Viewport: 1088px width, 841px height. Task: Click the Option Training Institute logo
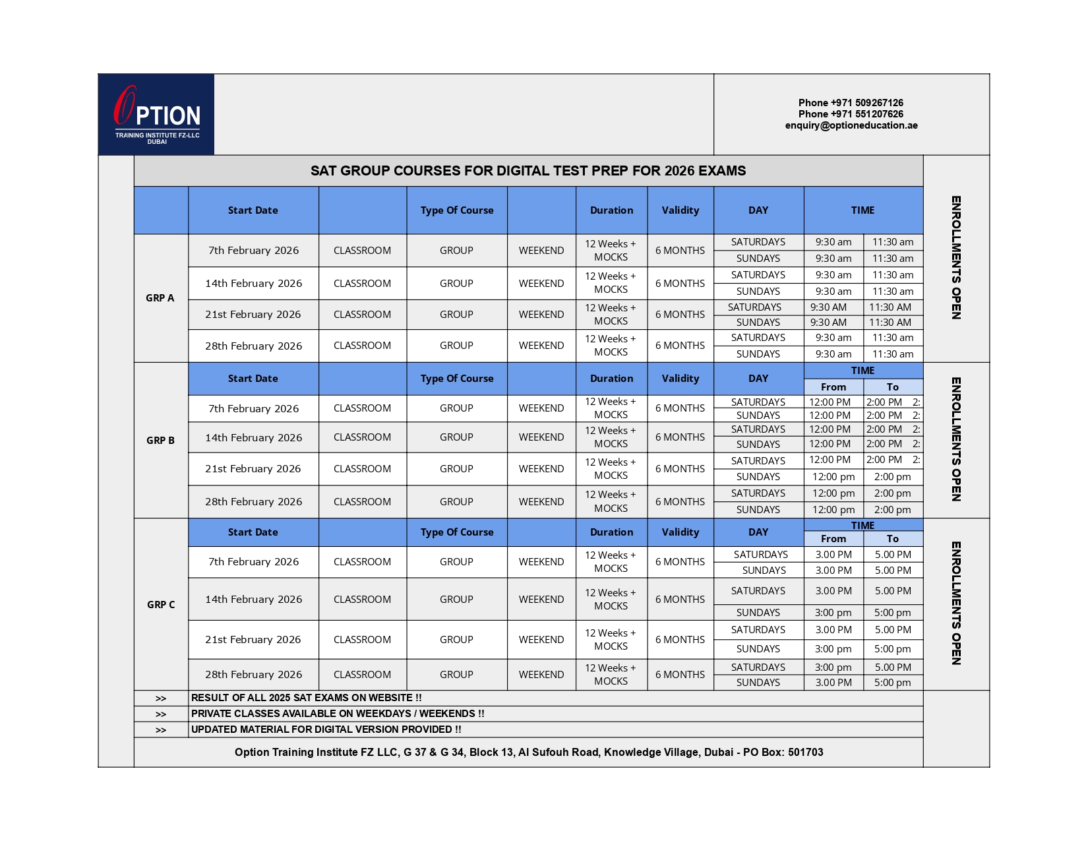[x=156, y=115]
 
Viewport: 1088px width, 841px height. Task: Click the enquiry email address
[x=851, y=125]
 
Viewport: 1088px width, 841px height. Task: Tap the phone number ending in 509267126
[x=851, y=103]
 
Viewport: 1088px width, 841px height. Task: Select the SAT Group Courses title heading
[x=528, y=171]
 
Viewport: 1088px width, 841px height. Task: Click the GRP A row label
[x=160, y=298]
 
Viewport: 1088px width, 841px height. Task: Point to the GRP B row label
[x=160, y=440]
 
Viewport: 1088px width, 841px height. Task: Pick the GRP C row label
[x=161, y=604]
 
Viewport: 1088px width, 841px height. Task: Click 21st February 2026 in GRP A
[x=253, y=315]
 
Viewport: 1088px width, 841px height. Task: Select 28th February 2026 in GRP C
[x=253, y=674]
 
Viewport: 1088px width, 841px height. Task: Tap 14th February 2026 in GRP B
[x=253, y=437]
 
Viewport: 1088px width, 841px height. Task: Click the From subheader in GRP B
[x=833, y=387]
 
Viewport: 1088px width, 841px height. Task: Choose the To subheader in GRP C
[x=893, y=539]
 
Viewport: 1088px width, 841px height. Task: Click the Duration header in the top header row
[x=611, y=210]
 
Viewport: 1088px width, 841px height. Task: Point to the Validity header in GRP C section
[x=680, y=532]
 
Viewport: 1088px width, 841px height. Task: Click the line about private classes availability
[x=338, y=714]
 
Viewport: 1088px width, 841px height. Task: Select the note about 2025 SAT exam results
[x=306, y=698]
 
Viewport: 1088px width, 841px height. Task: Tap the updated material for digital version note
[x=326, y=730]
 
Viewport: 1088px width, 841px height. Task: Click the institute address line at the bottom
[x=529, y=752]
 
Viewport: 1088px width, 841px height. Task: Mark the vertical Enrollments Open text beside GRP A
[x=955, y=258]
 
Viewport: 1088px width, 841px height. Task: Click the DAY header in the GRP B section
[x=758, y=379]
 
